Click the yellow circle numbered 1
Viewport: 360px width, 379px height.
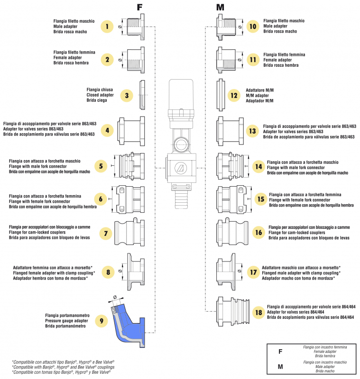tap(108, 27)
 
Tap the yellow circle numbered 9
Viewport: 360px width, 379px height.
tap(101, 321)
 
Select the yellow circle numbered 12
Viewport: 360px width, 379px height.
tap(233, 95)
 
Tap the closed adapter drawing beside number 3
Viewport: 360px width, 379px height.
tap(142, 95)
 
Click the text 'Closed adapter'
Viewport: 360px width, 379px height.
tap(99, 95)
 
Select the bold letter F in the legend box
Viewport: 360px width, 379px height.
tap(280, 352)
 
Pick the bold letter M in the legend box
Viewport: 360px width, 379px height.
tap(280, 367)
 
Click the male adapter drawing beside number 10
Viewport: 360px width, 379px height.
tap(226, 27)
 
